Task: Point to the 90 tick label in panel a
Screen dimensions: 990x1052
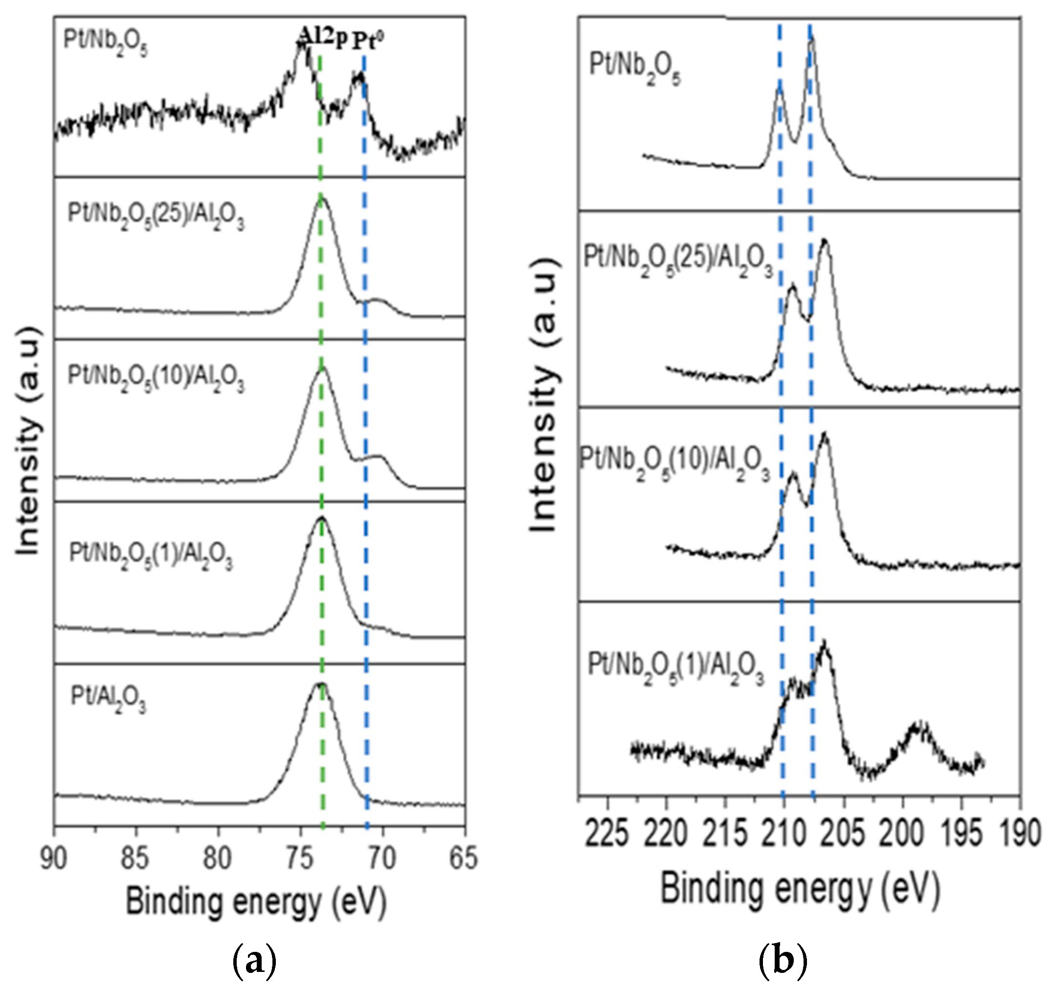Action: (x=54, y=860)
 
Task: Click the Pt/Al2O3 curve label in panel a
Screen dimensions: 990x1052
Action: (x=109, y=700)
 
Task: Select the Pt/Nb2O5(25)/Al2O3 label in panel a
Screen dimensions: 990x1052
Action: (x=156, y=217)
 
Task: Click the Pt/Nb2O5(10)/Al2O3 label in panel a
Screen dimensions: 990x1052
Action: (x=156, y=378)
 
